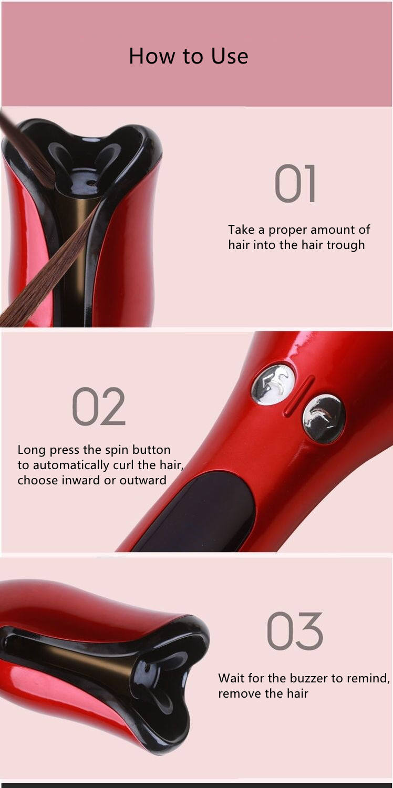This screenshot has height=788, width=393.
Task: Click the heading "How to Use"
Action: (x=188, y=56)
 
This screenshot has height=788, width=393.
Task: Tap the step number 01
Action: (x=295, y=184)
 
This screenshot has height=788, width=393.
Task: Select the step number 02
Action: (x=99, y=406)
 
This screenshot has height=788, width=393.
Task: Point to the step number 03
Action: (x=294, y=631)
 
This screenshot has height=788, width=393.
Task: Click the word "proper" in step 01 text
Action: (x=287, y=230)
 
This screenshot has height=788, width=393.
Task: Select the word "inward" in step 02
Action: (x=98, y=480)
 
